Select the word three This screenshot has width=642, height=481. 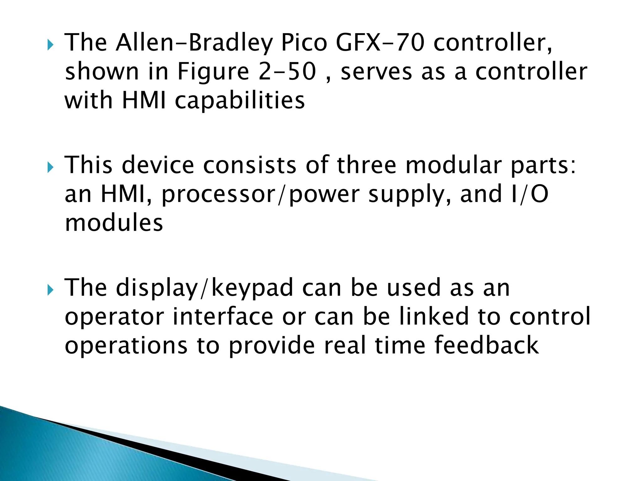click(366, 165)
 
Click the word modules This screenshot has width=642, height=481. click(114, 223)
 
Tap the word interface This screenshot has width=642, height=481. click(223, 317)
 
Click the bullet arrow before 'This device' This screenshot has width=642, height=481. click(50, 168)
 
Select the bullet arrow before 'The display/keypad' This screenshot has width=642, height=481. click(50, 291)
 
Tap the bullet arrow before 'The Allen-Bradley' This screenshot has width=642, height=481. click(50, 46)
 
